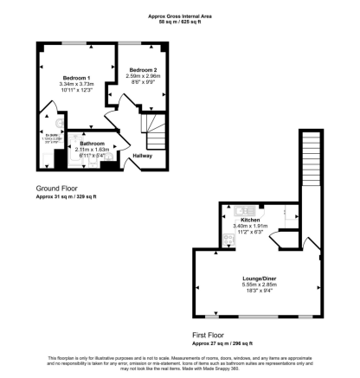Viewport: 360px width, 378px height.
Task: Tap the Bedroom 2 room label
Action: click(x=143, y=69)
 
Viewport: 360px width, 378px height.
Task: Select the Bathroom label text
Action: click(x=92, y=143)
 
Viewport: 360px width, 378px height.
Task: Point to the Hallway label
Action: click(x=142, y=156)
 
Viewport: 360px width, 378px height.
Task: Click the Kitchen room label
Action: click(x=251, y=220)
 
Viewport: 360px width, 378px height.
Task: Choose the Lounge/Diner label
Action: click(x=258, y=279)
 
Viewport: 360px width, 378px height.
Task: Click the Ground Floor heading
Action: click(x=58, y=189)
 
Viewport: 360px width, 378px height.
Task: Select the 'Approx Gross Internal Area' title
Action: click(x=179, y=15)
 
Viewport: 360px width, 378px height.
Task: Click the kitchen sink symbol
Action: click(x=240, y=208)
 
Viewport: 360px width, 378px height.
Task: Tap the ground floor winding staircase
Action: click(x=157, y=134)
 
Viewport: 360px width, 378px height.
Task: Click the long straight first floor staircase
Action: click(x=310, y=164)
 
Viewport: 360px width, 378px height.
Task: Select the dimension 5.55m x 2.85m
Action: click(x=258, y=285)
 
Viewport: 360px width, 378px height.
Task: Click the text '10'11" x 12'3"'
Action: click(x=75, y=91)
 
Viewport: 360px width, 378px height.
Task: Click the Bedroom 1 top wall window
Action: click(x=74, y=42)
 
